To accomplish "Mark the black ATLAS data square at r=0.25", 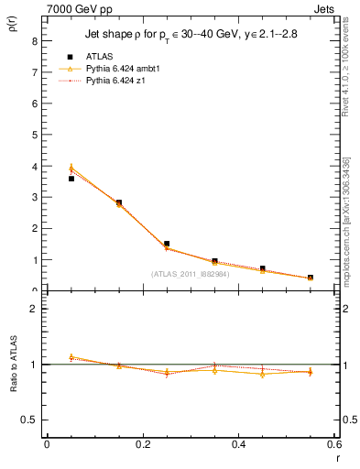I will (167, 244).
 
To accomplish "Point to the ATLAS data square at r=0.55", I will (310, 278).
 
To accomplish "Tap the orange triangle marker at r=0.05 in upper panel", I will (71, 168).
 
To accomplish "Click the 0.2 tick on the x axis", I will (142, 444).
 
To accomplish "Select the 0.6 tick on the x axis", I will (333, 444).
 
